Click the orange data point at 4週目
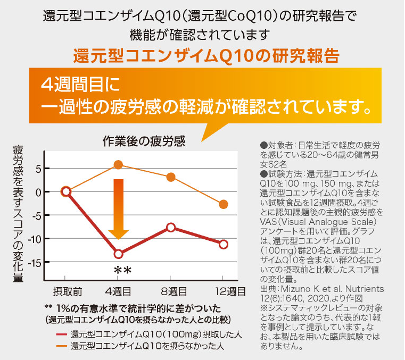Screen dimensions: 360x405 point(118,165)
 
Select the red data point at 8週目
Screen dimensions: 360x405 point(170,228)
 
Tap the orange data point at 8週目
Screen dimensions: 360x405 point(170,177)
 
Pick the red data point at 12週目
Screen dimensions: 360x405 point(224,244)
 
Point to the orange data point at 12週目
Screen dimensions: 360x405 point(224,204)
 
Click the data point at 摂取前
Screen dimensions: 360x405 point(66,191)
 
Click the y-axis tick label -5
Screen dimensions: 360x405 point(34,215)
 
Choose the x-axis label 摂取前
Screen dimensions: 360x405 point(67,291)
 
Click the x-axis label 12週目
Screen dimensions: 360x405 point(229,291)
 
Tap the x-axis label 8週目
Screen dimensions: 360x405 point(173,291)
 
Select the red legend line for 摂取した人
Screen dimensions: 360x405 point(62,335)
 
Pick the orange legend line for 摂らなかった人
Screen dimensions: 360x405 point(62,346)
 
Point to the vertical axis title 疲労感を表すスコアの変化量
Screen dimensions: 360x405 point(18,213)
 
